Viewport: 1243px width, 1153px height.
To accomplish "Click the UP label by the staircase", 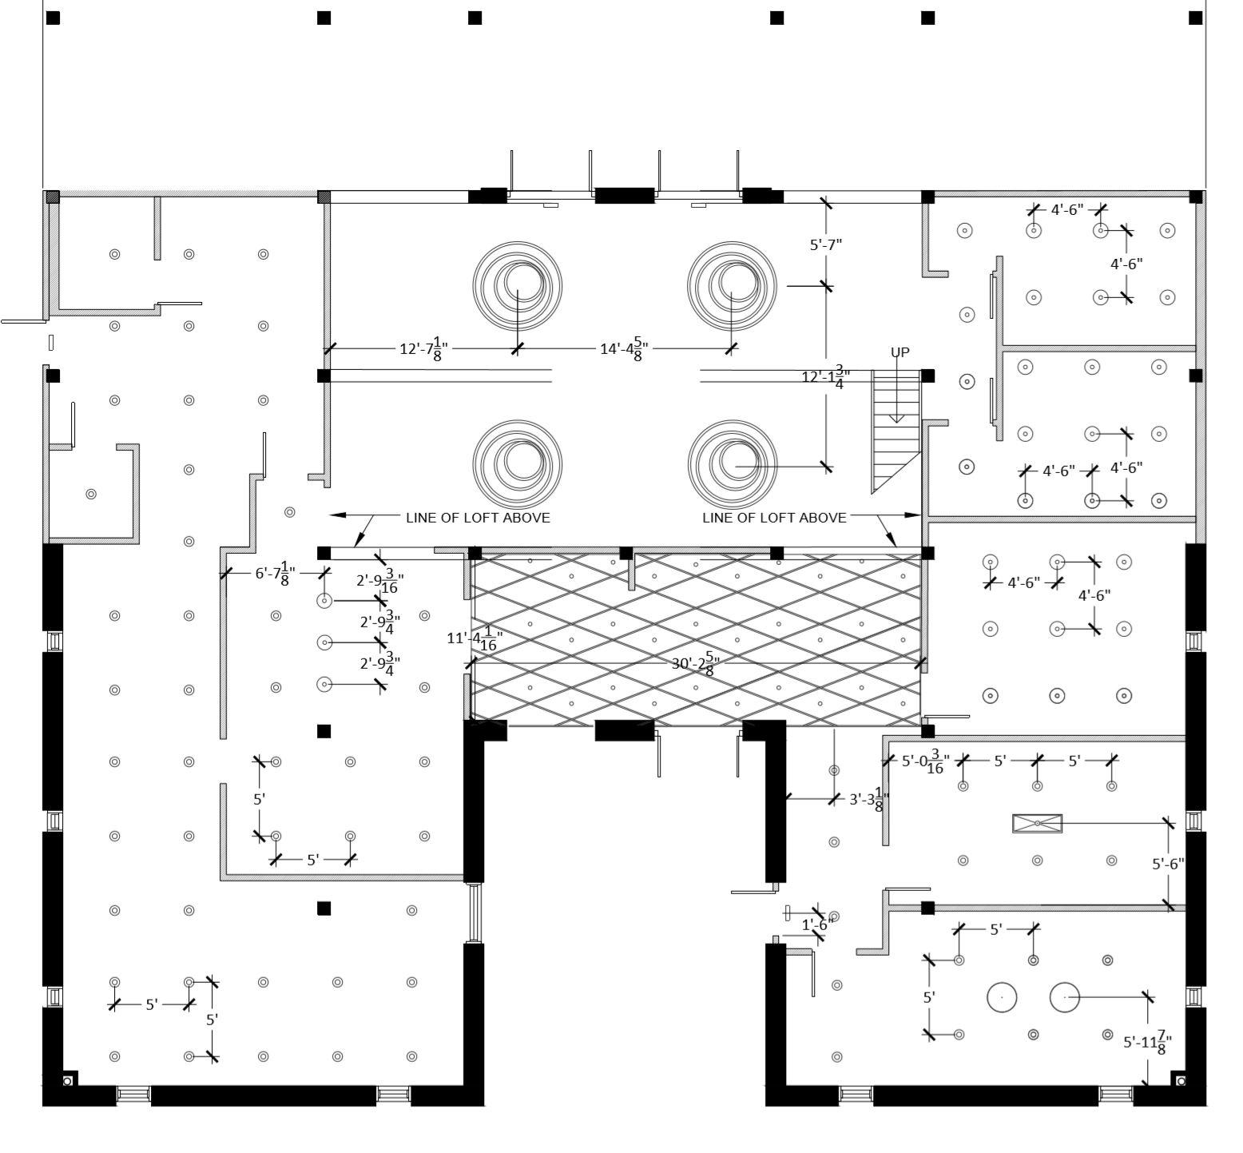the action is click(899, 352).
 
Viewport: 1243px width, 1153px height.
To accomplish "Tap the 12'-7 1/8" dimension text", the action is click(423, 349).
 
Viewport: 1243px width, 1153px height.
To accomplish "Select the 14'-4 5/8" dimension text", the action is click(624, 349).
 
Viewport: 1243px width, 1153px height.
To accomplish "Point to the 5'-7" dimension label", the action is click(826, 245).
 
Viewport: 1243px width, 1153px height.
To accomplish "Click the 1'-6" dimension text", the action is click(817, 924).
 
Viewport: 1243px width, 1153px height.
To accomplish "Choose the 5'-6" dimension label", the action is click(1168, 864).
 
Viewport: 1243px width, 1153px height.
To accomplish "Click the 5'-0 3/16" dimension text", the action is click(925, 761).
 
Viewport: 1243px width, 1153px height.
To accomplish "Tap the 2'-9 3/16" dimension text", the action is click(379, 581).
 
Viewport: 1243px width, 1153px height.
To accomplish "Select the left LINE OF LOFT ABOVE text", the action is click(478, 518).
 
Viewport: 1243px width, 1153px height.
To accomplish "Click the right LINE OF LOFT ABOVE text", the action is click(774, 518).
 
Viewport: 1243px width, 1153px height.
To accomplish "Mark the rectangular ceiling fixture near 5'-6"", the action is click(1037, 823).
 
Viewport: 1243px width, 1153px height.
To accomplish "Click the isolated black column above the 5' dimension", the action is click(324, 731).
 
